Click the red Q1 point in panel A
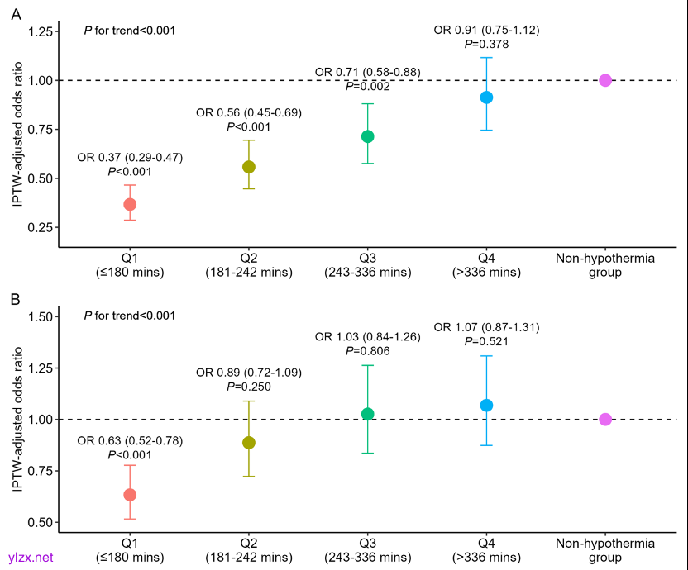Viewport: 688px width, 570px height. [x=130, y=204]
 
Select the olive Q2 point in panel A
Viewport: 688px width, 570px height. [x=249, y=167]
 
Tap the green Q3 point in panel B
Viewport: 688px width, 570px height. [x=368, y=414]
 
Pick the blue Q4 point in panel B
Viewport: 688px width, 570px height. [x=486, y=405]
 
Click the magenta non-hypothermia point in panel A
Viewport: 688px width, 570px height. [x=605, y=80]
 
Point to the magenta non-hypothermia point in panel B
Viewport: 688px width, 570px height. [x=605, y=420]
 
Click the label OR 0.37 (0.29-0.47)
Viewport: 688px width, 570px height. [x=130, y=157]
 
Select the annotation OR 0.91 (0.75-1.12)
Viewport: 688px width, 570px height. [x=486, y=31]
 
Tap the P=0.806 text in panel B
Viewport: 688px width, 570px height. [x=368, y=351]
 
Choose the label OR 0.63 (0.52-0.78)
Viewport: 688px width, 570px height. [x=130, y=440]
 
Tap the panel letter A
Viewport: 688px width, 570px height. [x=14, y=12]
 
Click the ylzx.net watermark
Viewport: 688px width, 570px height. [x=31, y=558]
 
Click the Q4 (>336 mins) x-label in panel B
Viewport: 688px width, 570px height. [x=486, y=550]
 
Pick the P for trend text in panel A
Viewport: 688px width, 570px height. [x=130, y=31]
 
